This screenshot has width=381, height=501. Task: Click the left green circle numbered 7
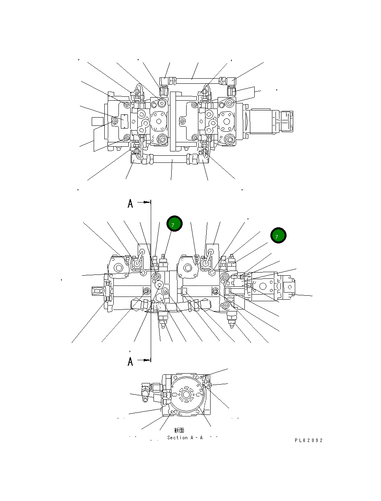(174, 224)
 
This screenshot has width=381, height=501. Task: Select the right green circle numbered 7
(278, 236)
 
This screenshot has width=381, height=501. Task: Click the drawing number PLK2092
(309, 440)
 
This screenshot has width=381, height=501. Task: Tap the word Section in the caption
(177, 438)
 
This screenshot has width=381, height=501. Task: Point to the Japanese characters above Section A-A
(179, 431)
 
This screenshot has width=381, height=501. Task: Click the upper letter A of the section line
(130, 204)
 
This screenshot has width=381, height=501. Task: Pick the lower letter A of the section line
(130, 361)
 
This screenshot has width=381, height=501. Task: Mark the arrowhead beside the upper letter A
(148, 202)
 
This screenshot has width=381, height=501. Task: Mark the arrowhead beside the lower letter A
(148, 359)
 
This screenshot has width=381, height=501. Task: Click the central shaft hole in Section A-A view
(186, 394)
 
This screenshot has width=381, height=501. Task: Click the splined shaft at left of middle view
(97, 291)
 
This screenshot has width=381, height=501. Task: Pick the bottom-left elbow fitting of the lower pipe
(136, 159)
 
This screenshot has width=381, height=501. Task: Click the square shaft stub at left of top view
(97, 121)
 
